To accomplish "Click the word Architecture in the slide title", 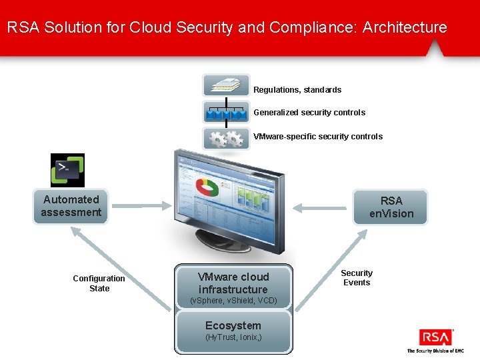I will (405, 27).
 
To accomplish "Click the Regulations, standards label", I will (297, 90).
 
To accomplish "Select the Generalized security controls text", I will (309, 113).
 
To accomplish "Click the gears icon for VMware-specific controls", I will (226, 138).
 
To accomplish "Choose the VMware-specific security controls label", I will (318, 137).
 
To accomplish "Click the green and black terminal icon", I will (68, 170).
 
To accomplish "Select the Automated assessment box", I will (71, 206).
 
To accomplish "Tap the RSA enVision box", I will (391, 207).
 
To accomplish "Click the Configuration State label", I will (99, 283).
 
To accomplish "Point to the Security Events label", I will (357, 278).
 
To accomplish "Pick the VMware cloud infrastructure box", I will (233, 287).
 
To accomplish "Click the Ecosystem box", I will (233, 331).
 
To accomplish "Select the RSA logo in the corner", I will (435, 337).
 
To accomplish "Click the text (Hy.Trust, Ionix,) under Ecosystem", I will (233, 338).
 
